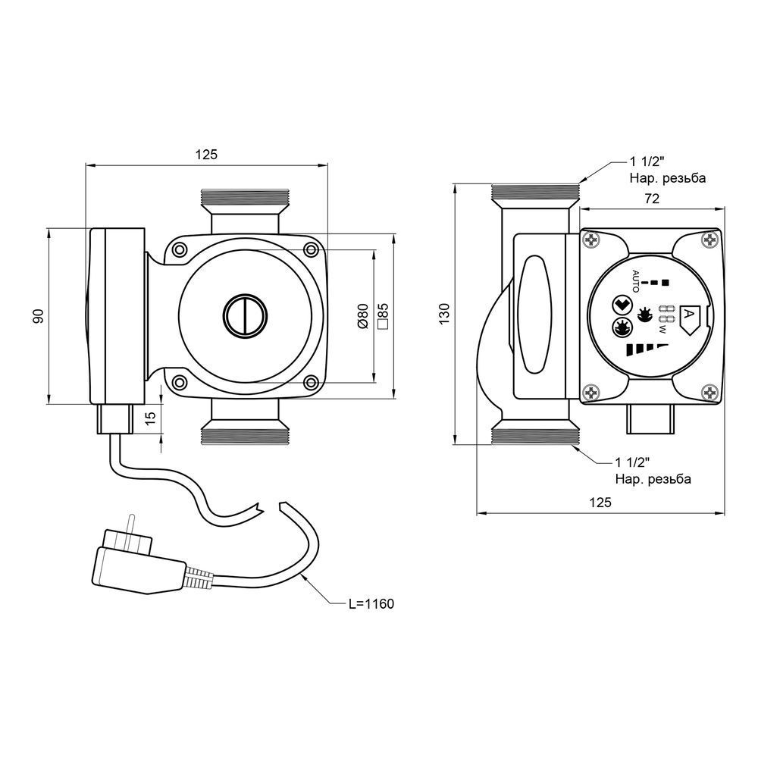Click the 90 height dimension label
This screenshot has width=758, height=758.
[39, 316]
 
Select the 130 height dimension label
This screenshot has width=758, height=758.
[445, 314]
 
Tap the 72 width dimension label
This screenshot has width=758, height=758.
[652, 199]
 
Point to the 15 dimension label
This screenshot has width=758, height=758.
[152, 418]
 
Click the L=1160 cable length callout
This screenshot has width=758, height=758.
[371, 604]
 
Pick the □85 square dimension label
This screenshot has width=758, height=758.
[382, 317]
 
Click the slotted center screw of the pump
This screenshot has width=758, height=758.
[245, 315]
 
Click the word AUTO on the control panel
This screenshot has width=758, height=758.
[636, 281]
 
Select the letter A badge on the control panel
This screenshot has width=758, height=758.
[689, 320]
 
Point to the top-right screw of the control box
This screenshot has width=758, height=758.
[709, 240]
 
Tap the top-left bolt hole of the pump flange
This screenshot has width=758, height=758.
[180, 249]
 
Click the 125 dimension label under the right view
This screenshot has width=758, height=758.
[600, 503]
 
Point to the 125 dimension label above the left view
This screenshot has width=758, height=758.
[206, 155]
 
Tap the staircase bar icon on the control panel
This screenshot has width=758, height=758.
[647, 349]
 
